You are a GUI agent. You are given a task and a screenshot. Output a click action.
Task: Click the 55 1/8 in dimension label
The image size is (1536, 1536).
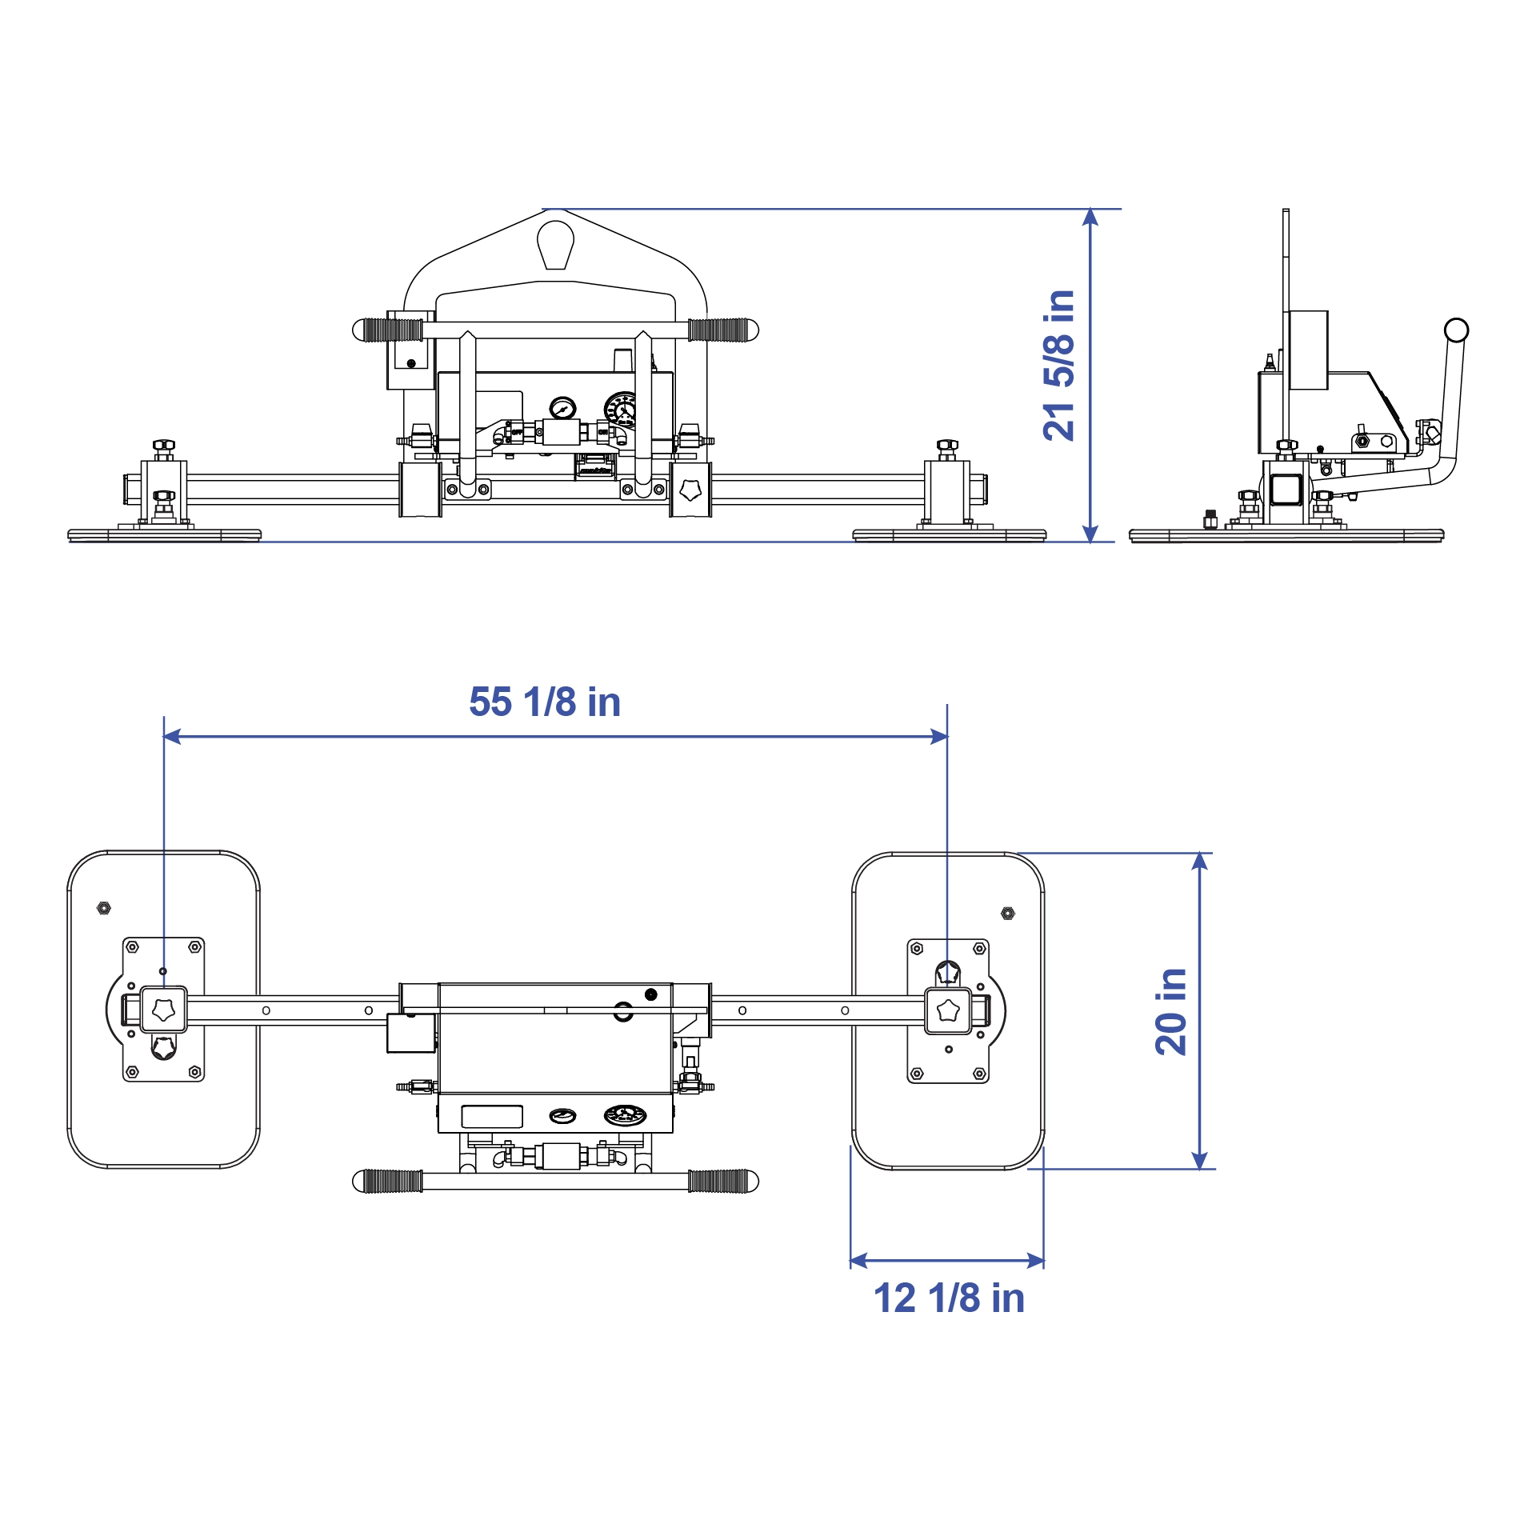pyautogui.click(x=545, y=702)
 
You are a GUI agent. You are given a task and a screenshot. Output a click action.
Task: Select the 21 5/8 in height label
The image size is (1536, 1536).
pyautogui.click(x=1059, y=366)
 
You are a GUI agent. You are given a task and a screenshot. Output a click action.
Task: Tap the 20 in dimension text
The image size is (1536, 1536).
pyautogui.click(x=1171, y=1011)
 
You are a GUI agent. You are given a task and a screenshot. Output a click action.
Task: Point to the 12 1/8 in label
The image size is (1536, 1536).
pyautogui.click(x=949, y=1298)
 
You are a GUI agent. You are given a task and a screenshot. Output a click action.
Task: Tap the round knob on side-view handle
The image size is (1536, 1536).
pyautogui.click(x=1456, y=330)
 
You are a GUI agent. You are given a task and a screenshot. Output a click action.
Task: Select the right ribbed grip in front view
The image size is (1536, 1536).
pyautogui.click(x=722, y=330)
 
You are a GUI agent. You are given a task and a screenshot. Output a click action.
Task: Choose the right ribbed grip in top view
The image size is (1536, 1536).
pyautogui.click(x=722, y=1181)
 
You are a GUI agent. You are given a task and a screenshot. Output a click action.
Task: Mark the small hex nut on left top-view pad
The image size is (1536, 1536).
pyautogui.click(x=104, y=908)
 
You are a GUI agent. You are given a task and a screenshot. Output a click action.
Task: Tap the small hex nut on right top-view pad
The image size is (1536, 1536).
pyautogui.click(x=1008, y=913)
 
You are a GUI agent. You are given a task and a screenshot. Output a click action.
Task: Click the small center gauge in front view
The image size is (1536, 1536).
pyautogui.click(x=562, y=408)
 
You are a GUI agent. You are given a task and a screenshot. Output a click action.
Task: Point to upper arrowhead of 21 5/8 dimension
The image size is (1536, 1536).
pyautogui.click(x=1090, y=217)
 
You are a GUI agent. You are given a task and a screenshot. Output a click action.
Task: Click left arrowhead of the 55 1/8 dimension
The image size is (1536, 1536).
pyautogui.click(x=172, y=736)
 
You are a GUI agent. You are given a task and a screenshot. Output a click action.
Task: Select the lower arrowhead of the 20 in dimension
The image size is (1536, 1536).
pyautogui.click(x=1199, y=1161)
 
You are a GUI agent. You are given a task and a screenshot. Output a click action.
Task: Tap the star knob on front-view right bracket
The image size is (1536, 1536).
pyautogui.click(x=690, y=490)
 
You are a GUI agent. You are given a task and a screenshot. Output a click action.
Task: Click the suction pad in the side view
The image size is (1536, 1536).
pyautogui.click(x=1286, y=535)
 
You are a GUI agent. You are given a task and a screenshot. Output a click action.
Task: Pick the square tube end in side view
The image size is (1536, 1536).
pyautogui.click(x=1286, y=490)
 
